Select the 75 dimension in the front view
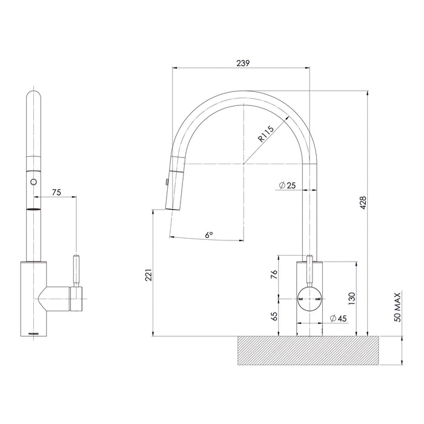click(56, 192)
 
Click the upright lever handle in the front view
click(76, 271)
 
